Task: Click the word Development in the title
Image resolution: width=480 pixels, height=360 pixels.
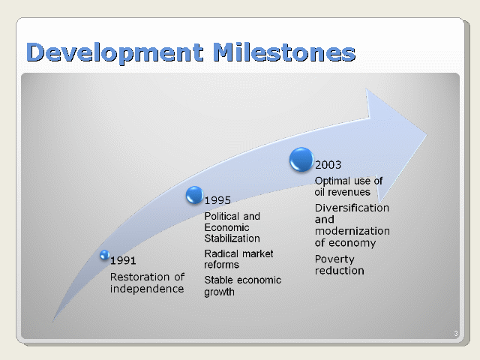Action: (115, 52)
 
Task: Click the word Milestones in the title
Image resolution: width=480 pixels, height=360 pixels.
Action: (284, 52)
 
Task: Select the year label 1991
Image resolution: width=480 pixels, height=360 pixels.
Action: (123, 260)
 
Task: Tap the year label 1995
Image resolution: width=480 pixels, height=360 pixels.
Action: (217, 200)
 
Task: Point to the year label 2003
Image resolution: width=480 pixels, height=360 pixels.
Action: (328, 165)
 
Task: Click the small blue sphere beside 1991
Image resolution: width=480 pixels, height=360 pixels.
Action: (105, 255)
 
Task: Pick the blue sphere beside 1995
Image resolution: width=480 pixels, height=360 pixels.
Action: (195, 195)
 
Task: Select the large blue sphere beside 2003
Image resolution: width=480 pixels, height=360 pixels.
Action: (301, 160)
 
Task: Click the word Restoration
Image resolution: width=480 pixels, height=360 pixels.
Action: (139, 277)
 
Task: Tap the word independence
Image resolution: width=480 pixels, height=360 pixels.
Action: (147, 289)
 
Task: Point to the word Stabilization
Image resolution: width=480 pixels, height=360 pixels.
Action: (232, 238)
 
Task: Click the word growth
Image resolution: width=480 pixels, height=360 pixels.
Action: (219, 292)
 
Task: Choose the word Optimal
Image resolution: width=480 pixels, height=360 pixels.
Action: (332, 181)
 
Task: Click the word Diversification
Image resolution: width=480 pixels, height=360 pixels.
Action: (352, 208)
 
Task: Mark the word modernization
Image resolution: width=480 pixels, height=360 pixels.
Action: (352, 231)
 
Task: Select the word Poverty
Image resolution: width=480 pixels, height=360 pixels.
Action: (334, 259)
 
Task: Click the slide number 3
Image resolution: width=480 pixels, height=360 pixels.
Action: (456, 333)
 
